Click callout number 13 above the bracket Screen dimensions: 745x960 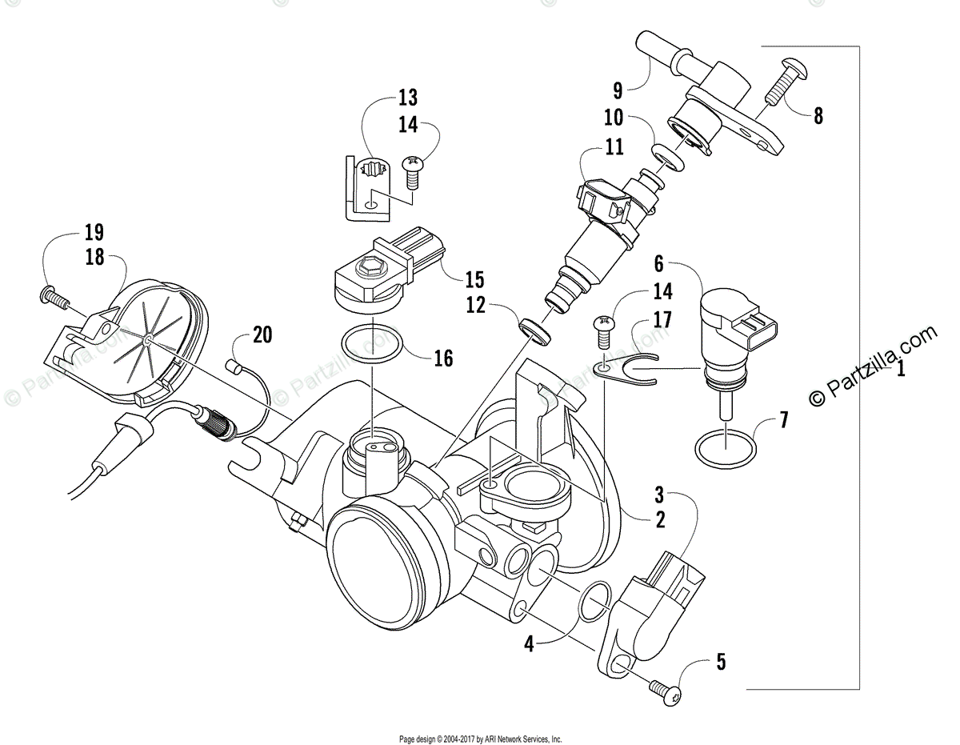[407, 98]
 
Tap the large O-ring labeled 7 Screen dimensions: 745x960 [724, 449]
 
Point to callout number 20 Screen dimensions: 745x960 [262, 334]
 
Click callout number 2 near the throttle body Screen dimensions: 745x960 [659, 519]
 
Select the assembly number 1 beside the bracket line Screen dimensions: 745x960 [901, 370]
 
